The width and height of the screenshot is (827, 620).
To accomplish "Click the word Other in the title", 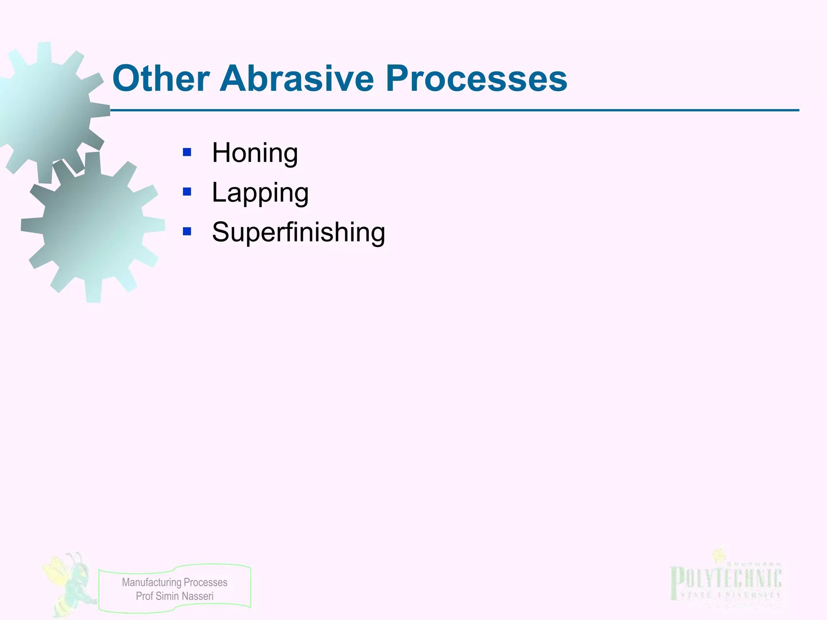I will click(161, 79).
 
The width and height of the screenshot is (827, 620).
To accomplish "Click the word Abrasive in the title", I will click(296, 79).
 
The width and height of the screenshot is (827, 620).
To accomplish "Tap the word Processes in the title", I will click(476, 79).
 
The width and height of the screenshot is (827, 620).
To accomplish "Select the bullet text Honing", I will click(255, 153).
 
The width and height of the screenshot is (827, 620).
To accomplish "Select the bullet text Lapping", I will click(260, 193).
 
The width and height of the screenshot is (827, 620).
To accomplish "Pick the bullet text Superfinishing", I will click(298, 232).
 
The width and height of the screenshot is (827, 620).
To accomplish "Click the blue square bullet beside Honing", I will click(187, 152).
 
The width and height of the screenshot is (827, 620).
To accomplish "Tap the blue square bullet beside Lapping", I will click(187, 192).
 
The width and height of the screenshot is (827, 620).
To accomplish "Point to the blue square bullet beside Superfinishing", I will click(187, 231).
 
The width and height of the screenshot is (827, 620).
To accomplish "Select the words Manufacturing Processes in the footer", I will click(174, 582).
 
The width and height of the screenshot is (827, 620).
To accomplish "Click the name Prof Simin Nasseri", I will click(174, 596).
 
